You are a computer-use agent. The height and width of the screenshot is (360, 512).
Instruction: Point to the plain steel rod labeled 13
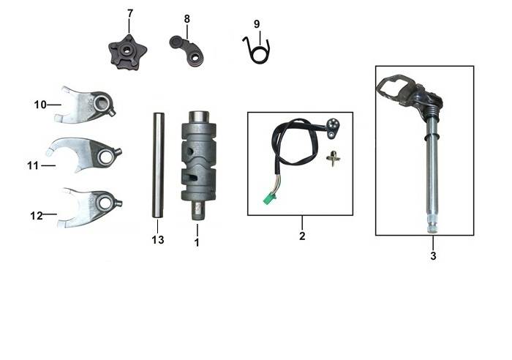point(159,165)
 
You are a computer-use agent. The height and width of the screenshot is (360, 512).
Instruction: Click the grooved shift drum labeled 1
point(198,165)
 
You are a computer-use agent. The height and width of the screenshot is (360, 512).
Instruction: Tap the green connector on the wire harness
point(269,198)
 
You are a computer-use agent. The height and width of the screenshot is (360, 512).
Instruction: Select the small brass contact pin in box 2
point(333,159)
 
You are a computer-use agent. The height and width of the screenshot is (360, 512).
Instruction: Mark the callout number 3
point(433,256)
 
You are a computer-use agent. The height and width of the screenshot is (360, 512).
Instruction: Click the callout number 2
point(302,236)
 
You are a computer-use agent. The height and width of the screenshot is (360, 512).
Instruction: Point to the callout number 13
point(158,240)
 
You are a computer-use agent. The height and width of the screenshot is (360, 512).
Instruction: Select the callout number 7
point(130,14)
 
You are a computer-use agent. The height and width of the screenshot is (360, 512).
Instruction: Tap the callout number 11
point(33,166)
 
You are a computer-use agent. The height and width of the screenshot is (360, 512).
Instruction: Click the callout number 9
point(257,24)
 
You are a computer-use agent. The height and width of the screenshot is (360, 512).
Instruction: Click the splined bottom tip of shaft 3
point(432,227)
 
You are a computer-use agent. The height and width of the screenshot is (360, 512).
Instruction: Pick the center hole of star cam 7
point(125,50)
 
